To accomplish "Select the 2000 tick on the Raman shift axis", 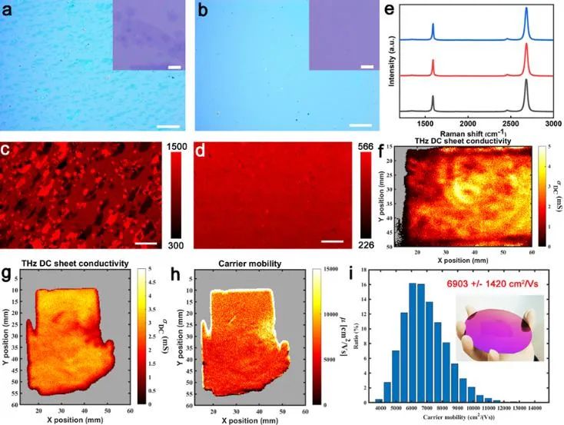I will tap(467, 122).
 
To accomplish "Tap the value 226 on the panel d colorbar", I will tap(371, 245).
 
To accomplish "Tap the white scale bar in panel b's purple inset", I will tap(366, 67).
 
